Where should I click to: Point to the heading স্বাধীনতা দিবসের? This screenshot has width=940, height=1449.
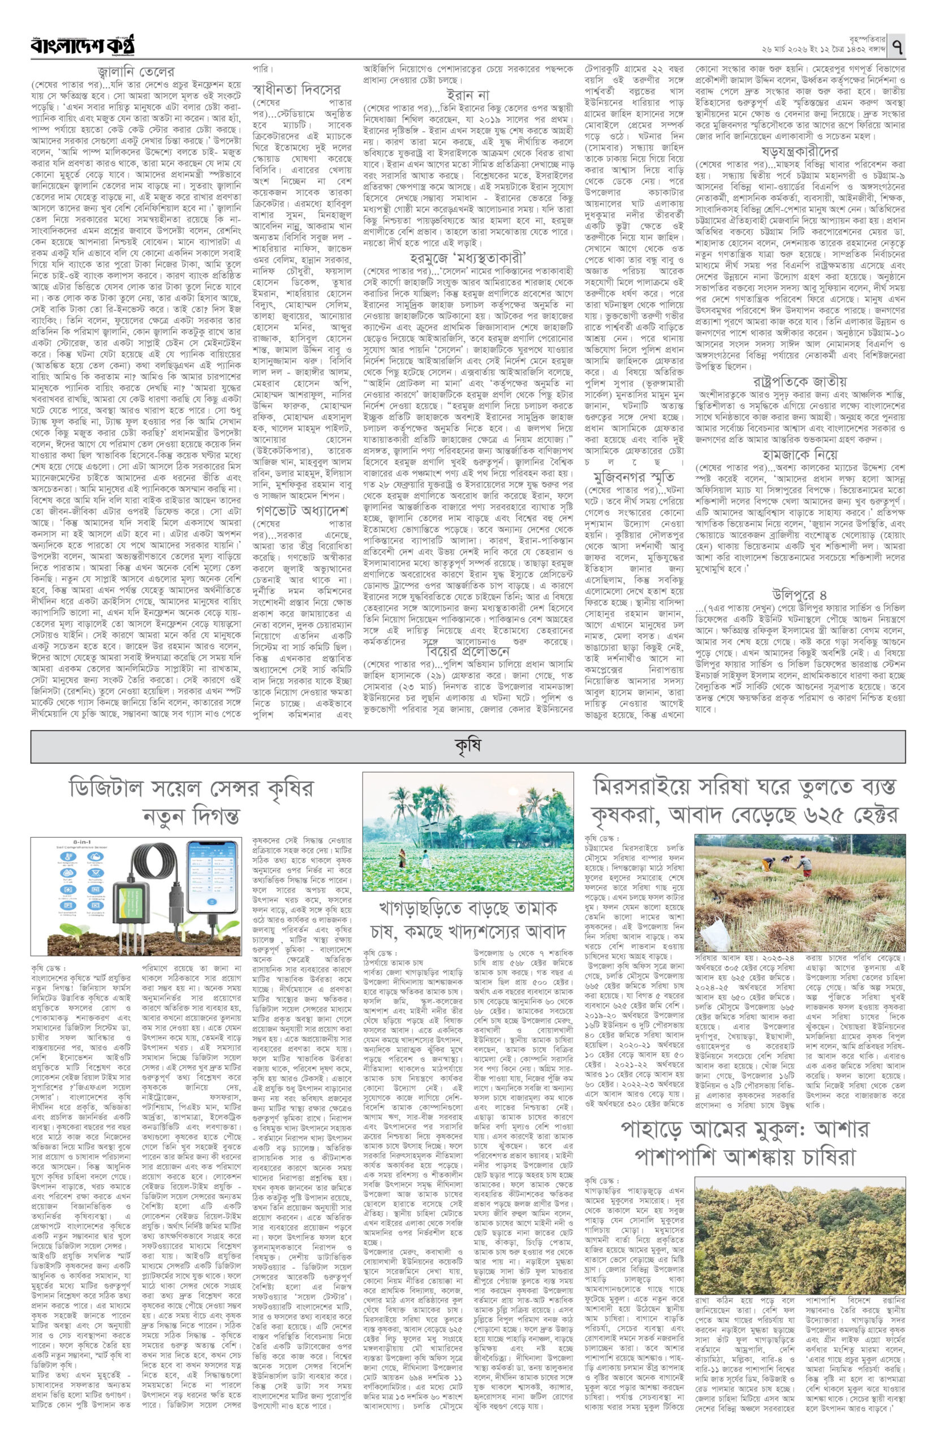[296, 89]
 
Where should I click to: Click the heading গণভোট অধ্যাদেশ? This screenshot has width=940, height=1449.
[302, 525]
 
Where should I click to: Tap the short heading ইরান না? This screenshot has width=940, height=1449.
[467, 95]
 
